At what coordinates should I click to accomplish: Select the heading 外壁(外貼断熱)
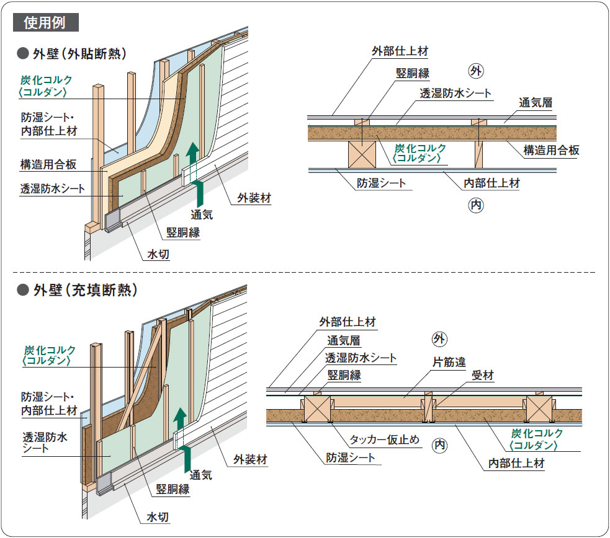coord(80,54)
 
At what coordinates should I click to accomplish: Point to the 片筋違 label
coord(449,361)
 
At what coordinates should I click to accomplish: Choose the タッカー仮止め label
coord(384,440)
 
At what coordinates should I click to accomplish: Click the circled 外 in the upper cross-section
coord(476,71)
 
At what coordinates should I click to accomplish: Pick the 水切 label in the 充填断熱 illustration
coord(158,516)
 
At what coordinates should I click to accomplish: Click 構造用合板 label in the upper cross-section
coord(551,149)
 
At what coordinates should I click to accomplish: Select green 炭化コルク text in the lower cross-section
coord(537,433)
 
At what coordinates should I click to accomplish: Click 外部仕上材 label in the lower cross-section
coord(347,322)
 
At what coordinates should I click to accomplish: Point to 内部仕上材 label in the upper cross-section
coord(491,183)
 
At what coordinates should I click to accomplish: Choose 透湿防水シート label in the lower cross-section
coord(361,358)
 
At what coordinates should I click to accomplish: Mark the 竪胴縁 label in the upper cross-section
coord(413,73)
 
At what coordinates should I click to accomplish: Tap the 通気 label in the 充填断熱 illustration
coord(201,474)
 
